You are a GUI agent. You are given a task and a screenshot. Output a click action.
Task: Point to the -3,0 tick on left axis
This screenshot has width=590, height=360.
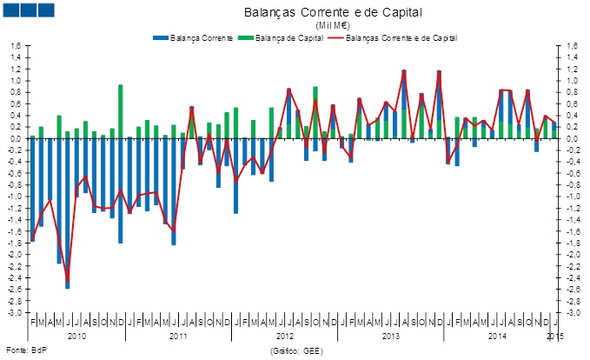tap(16, 312)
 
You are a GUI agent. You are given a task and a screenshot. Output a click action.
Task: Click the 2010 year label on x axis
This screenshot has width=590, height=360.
tap(76, 335)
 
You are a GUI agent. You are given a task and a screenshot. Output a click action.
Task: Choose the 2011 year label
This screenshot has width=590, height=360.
tap(178, 335)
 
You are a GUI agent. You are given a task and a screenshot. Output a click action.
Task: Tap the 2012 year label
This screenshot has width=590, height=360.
tap(285, 335)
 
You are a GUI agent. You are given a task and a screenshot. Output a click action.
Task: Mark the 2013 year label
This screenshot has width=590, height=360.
tap(391, 335)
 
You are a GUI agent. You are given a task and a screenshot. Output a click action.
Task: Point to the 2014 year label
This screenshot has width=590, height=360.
tap(497, 335)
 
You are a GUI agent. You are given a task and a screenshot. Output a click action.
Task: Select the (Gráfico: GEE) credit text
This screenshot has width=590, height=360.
tap(295, 350)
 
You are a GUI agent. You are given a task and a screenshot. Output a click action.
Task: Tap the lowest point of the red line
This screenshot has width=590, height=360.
tap(67, 279)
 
